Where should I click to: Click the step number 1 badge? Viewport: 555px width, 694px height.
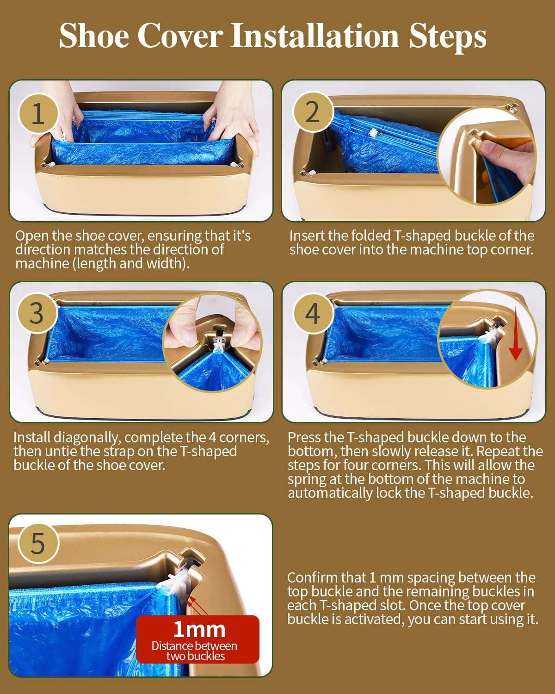(38, 113)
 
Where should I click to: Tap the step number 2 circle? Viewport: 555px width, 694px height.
(313, 112)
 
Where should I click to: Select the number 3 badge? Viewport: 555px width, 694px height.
(37, 313)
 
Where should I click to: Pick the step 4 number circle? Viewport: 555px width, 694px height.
(313, 313)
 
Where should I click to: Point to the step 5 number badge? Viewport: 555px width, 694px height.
(38, 543)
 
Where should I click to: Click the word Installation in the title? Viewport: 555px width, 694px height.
(314, 36)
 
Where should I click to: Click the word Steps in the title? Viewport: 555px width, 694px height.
(447, 36)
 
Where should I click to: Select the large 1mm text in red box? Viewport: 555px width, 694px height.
(199, 630)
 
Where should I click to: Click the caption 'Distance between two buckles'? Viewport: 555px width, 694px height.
(195, 651)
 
